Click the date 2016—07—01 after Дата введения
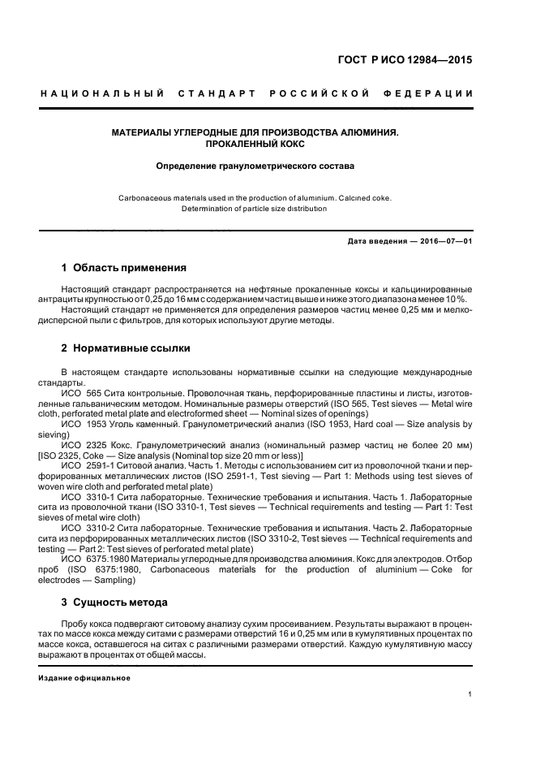(444, 241)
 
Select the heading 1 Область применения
(124, 268)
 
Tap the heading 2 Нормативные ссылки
(126, 348)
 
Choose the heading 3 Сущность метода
(115, 602)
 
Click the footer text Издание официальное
(84, 678)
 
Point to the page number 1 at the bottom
(470, 694)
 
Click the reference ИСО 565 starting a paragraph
(81, 392)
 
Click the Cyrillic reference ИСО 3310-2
(88, 529)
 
